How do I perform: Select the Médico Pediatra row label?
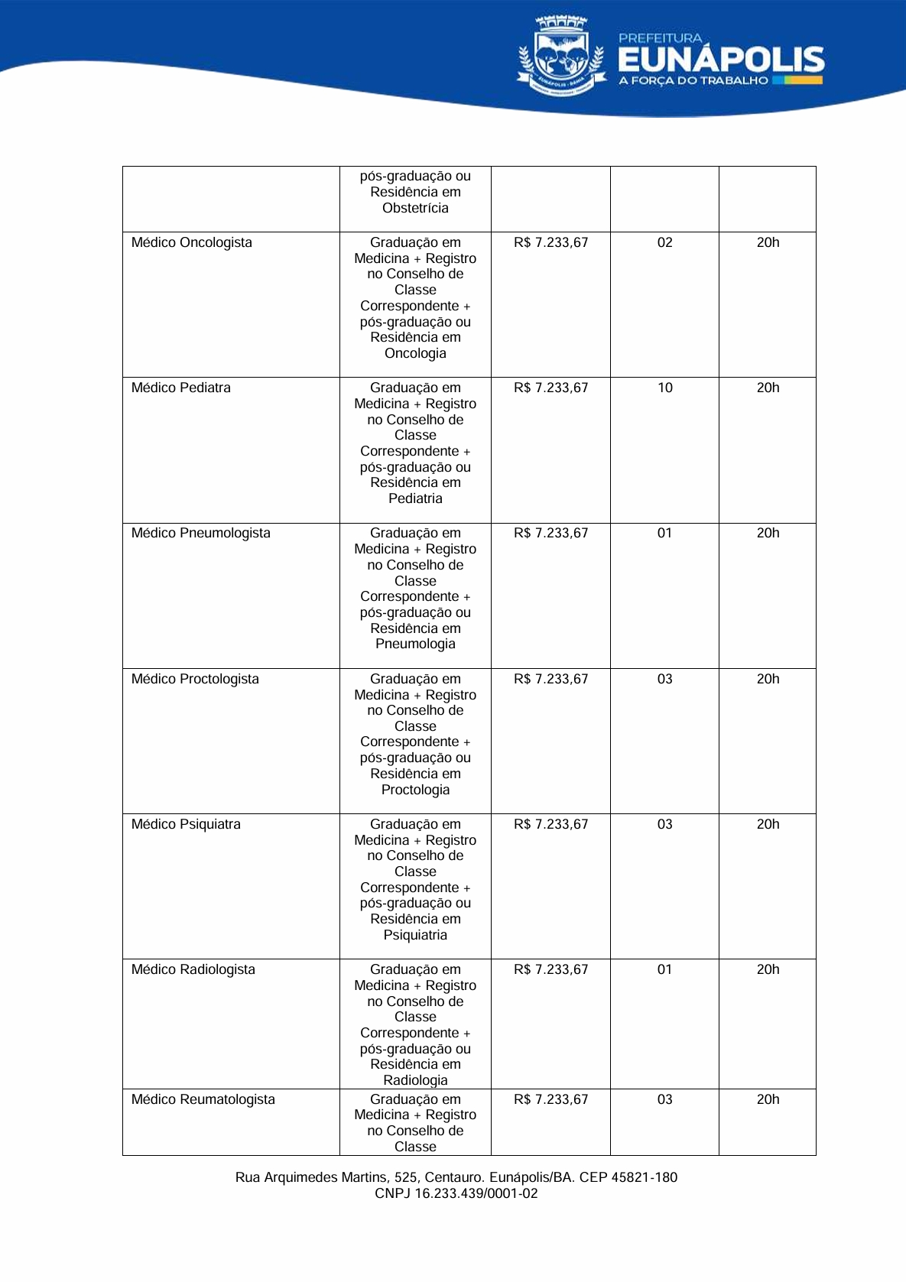pyautogui.click(x=180, y=388)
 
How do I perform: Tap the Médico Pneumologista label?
pyautogui.click(x=200, y=533)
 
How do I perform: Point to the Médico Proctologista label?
pyautogui.click(x=195, y=679)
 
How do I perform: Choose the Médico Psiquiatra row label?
pyautogui.click(x=186, y=824)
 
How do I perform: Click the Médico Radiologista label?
pyautogui.click(x=193, y=969)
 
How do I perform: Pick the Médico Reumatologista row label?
pyautogui.click(x=203, y=1099)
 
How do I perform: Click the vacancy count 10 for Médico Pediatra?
pyautogui.click(x=665, y=388)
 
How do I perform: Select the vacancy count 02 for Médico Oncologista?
pyautogui.click(x=665, y=242)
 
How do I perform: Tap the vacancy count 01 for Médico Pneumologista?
pyautogui.click(x=665, y=533)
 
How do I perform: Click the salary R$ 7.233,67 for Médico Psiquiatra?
pyautogui.click(x=551, y=824)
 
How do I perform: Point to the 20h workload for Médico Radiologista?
pyautogui.click(x=768, y=969)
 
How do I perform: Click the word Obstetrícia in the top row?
pyautogui.click(x=415, y=208)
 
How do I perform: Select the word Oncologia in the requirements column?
pyautogui.click(x=415, y=353)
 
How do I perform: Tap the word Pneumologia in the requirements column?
pyautogui.click(x=415, y=644)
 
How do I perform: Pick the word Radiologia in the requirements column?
pyautogui.click(x=415, y=1080)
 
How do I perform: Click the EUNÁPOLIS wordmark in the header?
pyautogui.click(x=721, y=60)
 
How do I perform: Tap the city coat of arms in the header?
pyautogui.click(x=561, y=55)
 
